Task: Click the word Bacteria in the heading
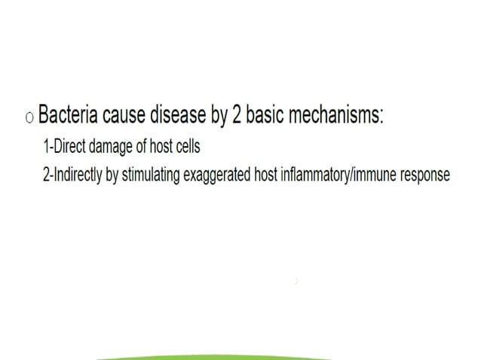coord(69,117)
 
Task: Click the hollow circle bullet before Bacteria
coord(29,118)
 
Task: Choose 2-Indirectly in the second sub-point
coord(74,175)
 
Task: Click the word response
coord(425,175)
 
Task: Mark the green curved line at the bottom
coord(215,356)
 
